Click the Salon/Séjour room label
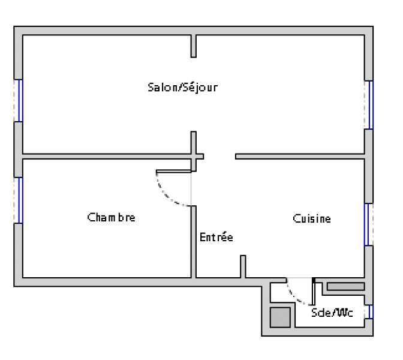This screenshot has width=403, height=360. [x=183, y=88]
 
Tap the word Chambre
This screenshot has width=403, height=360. [x=112, y=217]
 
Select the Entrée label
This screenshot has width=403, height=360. [x=216, y=237]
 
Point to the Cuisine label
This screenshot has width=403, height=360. [x=312, y=218]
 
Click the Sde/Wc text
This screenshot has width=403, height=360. [x=332, y=313]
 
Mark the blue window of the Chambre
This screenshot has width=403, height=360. [x=20, y=200]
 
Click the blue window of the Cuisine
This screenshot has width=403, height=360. [x=367, y=224]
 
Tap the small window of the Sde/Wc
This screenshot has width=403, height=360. [x=371, y=311]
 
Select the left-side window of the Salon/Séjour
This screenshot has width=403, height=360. [x=20, y=101]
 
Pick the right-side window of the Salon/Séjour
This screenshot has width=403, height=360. [x=371, y=105]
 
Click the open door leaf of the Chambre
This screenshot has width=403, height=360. [x=174, y=171]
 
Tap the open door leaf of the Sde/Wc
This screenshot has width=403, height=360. [x=314, y=292]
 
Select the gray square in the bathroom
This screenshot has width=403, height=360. [x=280, y=317]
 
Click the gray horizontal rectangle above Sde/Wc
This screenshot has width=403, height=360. [x=346, y=286]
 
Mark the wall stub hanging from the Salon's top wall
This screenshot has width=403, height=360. [x=194, y=46]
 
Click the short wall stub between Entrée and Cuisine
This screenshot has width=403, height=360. [x=243, y=266]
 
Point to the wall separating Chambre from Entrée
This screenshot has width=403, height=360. [x=194, y=242]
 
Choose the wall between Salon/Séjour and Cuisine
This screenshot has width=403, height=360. [x=300, y=157]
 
